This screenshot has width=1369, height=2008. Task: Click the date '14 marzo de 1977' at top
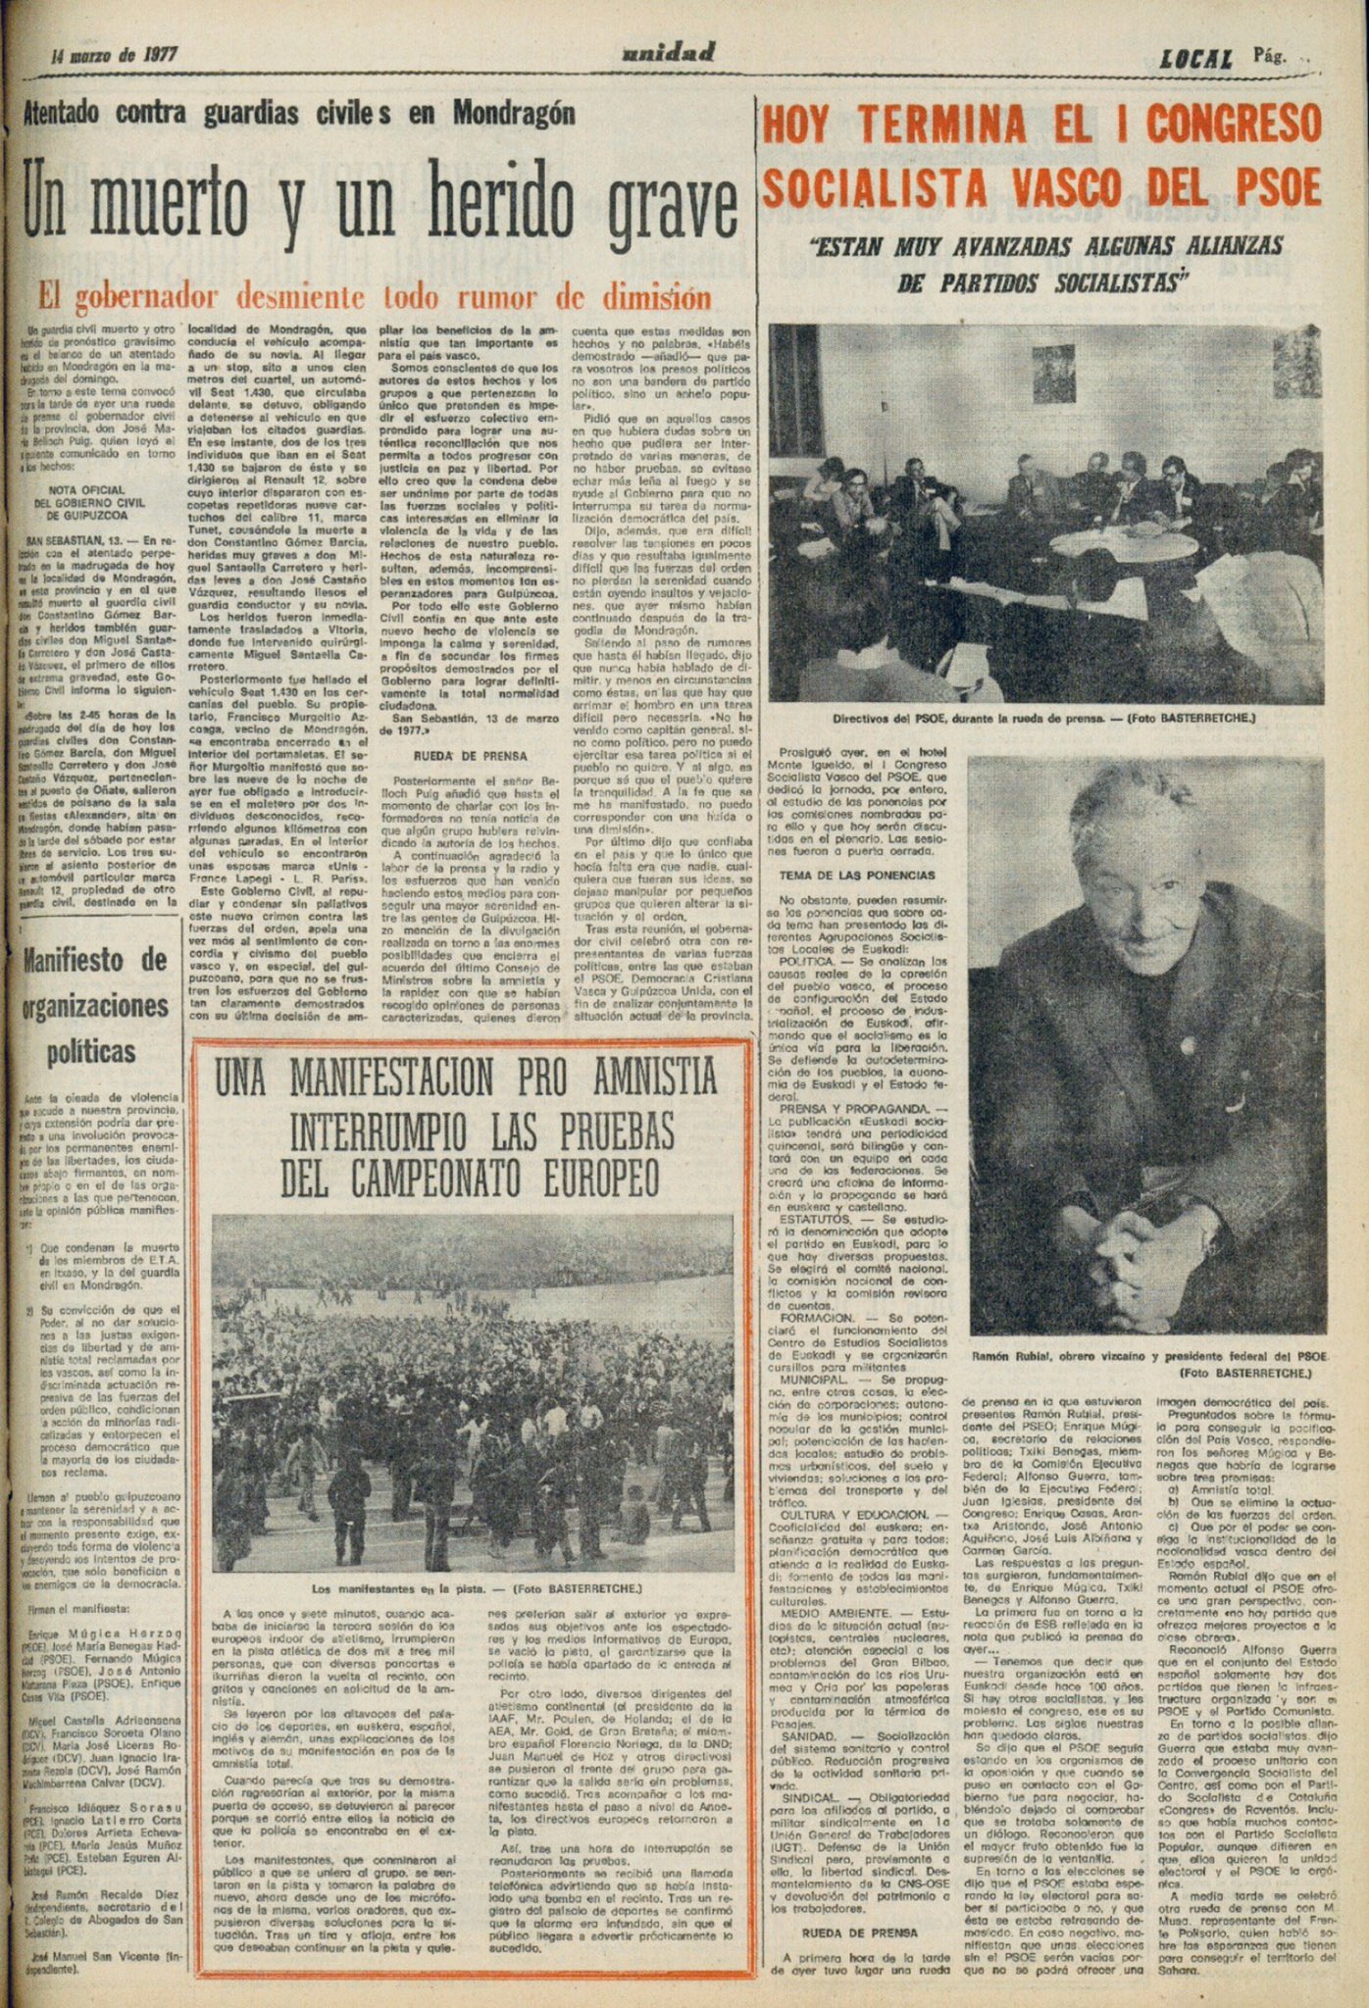[x=115, y=55]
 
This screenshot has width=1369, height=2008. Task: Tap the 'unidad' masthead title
[x=668, y=53]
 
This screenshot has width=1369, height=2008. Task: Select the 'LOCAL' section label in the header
[x=1195, y=59]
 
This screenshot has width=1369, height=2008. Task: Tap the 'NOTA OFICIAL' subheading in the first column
[x=88, y=489]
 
